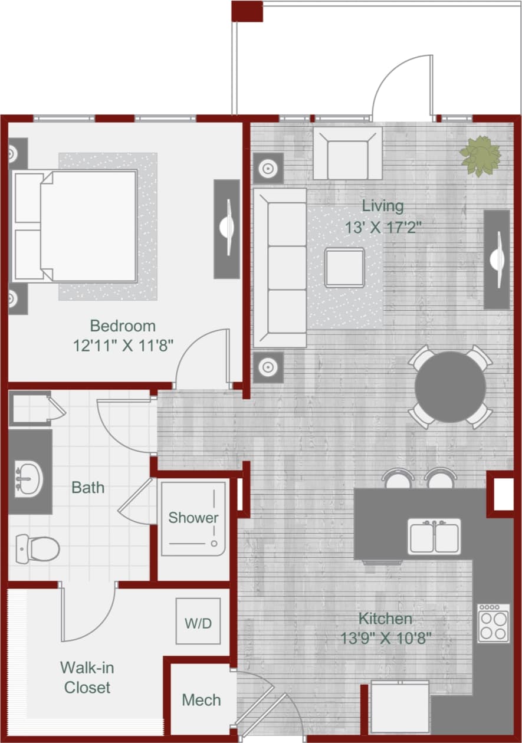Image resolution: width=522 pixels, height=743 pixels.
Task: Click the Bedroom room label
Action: [123, 326]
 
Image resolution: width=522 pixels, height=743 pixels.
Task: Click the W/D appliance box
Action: [198, 623]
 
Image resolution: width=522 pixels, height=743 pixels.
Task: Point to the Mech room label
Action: [201, 700]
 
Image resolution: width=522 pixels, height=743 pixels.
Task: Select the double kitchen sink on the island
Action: [435, 536]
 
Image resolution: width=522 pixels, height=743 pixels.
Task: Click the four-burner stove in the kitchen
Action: [494, 623]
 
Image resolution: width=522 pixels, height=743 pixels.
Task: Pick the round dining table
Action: [450, 387]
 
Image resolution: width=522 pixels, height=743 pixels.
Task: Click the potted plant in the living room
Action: [481, 156]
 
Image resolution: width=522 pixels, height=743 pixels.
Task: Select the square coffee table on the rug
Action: [344, 267]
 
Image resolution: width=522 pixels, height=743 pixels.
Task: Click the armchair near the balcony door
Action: [347, 153]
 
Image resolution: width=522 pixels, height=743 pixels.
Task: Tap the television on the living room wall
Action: [497, 259]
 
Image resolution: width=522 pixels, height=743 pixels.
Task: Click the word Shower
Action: [193, 518]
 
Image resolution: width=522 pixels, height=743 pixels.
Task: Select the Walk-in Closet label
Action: [87, 678]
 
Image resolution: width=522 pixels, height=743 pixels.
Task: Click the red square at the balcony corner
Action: [247, 11]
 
